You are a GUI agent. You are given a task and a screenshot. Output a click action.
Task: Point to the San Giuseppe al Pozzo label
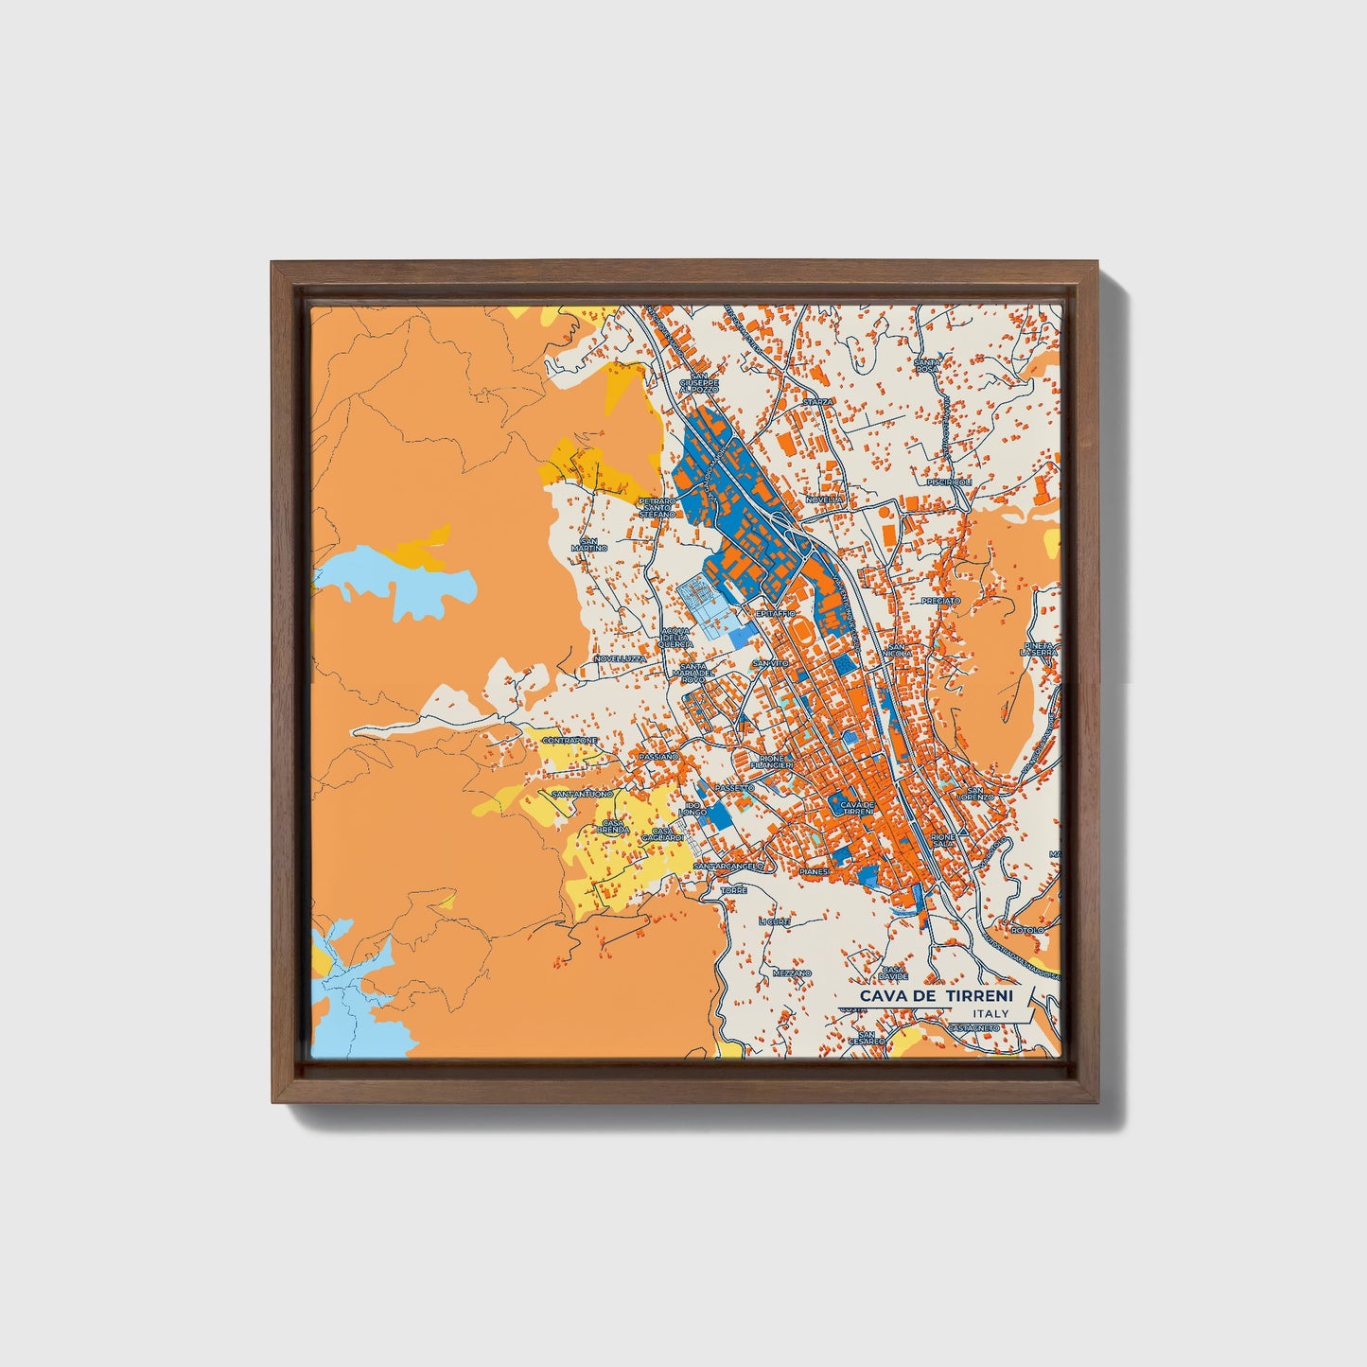[705, 382]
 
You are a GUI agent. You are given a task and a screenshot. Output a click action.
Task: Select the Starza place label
[817, 402]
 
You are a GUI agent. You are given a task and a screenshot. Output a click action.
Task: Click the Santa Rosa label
[926, 365]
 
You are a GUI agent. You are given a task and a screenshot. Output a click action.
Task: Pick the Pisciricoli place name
[950, 482]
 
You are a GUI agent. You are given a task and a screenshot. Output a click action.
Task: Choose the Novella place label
[824, 499]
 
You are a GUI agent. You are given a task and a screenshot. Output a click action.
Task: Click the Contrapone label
[570, 740]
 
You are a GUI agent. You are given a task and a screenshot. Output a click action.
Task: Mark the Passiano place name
[658, 758]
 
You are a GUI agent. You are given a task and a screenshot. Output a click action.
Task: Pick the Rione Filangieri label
[770, 762]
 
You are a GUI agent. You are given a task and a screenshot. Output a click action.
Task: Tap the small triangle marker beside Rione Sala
[962, 830]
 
